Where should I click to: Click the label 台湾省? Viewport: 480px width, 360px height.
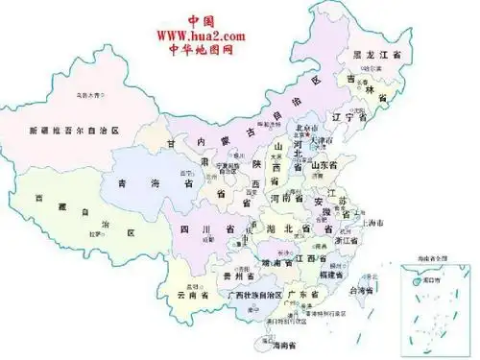[x=361, y=290]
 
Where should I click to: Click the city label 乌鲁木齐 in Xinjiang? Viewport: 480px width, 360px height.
[x=91, y=95]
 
